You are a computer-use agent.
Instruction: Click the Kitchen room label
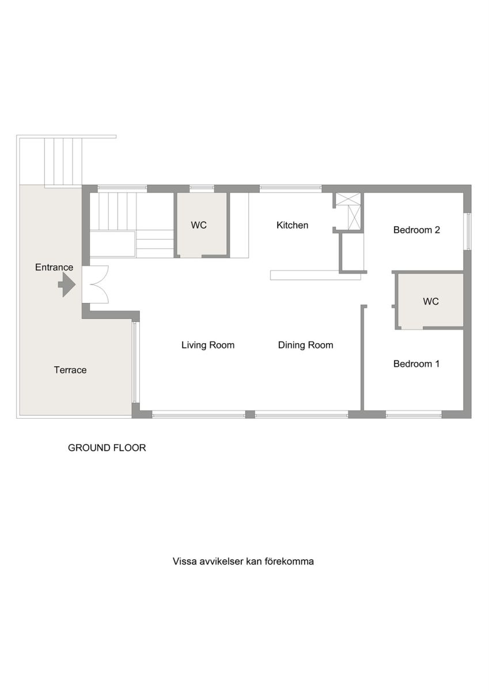point(292,225)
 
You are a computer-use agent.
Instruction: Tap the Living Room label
point(208,345)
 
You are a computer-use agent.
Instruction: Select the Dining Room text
point(305,345)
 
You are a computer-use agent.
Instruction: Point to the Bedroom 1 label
point(416,364)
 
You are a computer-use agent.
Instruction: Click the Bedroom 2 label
point(416,230)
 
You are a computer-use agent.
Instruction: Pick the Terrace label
point(70,370)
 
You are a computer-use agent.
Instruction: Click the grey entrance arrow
point(67,285)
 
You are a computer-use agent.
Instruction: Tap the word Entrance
point(54,267)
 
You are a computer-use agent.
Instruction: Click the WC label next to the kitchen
point(199,225)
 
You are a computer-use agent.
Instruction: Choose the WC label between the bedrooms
point(431,301)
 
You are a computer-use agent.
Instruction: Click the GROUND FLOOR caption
point(107,447)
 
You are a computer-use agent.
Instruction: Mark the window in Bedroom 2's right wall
point(468,231)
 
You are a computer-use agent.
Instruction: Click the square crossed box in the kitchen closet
point(348,198)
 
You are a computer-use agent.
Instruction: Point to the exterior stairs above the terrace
point(63,162)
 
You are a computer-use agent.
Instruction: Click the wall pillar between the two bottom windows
point(250,414)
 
